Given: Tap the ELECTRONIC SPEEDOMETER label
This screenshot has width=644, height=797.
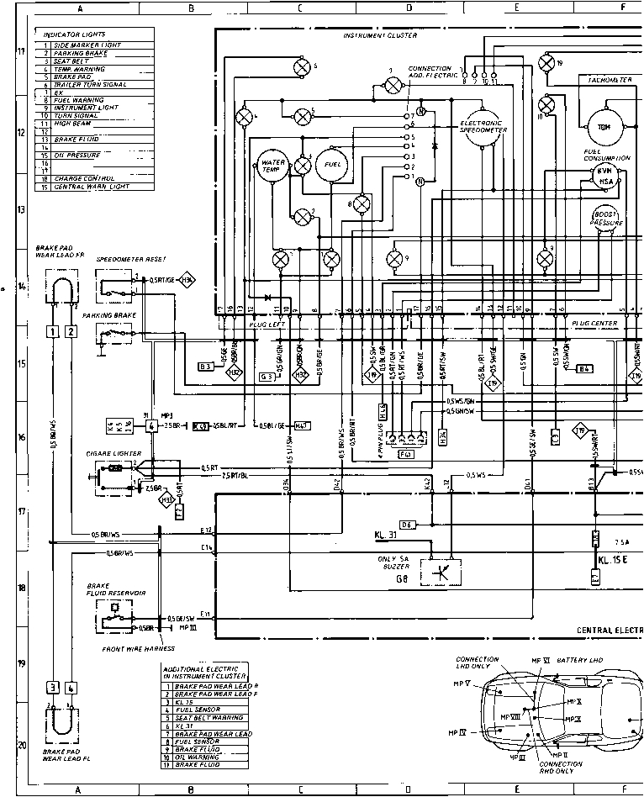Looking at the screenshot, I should pos(483,126).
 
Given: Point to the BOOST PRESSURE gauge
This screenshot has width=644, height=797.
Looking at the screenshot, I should pos(607,218).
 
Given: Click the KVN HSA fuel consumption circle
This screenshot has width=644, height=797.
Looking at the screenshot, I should pos(605,175).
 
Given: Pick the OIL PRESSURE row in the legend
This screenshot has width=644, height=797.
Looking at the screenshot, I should pos(77,156).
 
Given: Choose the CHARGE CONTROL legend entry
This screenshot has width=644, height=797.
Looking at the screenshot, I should pos(77,178).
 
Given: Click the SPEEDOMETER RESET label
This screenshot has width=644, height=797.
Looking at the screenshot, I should pos(130,259).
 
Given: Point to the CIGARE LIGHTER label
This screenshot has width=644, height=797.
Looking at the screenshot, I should pos(113,453).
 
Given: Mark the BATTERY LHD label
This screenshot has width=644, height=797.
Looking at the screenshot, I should pos(580,661).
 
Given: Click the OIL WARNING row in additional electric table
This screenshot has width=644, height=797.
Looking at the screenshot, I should pos(198,757).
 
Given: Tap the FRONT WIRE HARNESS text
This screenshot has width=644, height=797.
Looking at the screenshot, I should pos(139,649).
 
